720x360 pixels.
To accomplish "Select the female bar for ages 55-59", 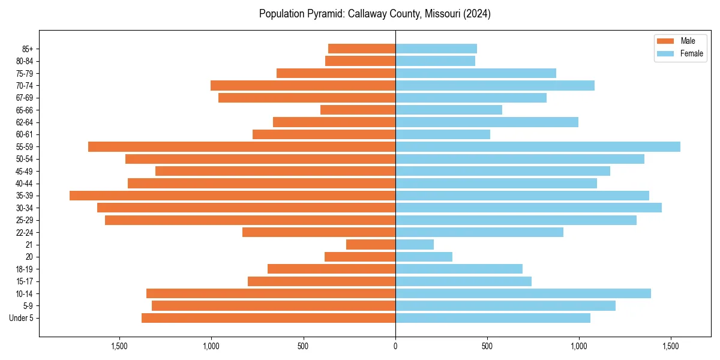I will pos(538,146).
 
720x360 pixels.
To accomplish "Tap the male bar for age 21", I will pos(371,244).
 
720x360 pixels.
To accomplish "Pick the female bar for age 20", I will pos(424,257).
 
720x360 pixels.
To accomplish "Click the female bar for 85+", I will pos(436,49).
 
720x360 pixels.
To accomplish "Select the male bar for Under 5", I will pos(268,318).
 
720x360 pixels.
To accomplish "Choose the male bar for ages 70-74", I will pos(303,85).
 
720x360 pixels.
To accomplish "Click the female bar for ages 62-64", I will pos(487,122).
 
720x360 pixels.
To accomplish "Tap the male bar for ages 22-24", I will pos(319,232).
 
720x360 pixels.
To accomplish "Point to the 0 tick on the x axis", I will pos(395,346).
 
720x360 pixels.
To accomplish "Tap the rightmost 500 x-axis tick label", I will pos(487,346).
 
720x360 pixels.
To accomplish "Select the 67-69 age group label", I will pos(24,98).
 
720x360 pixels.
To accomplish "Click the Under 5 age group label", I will pos(21,318).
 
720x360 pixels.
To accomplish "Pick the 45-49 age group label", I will pos(24,171).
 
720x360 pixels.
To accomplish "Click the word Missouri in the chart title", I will pos(441,14).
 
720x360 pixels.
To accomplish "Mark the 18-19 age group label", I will pos(24,269).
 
